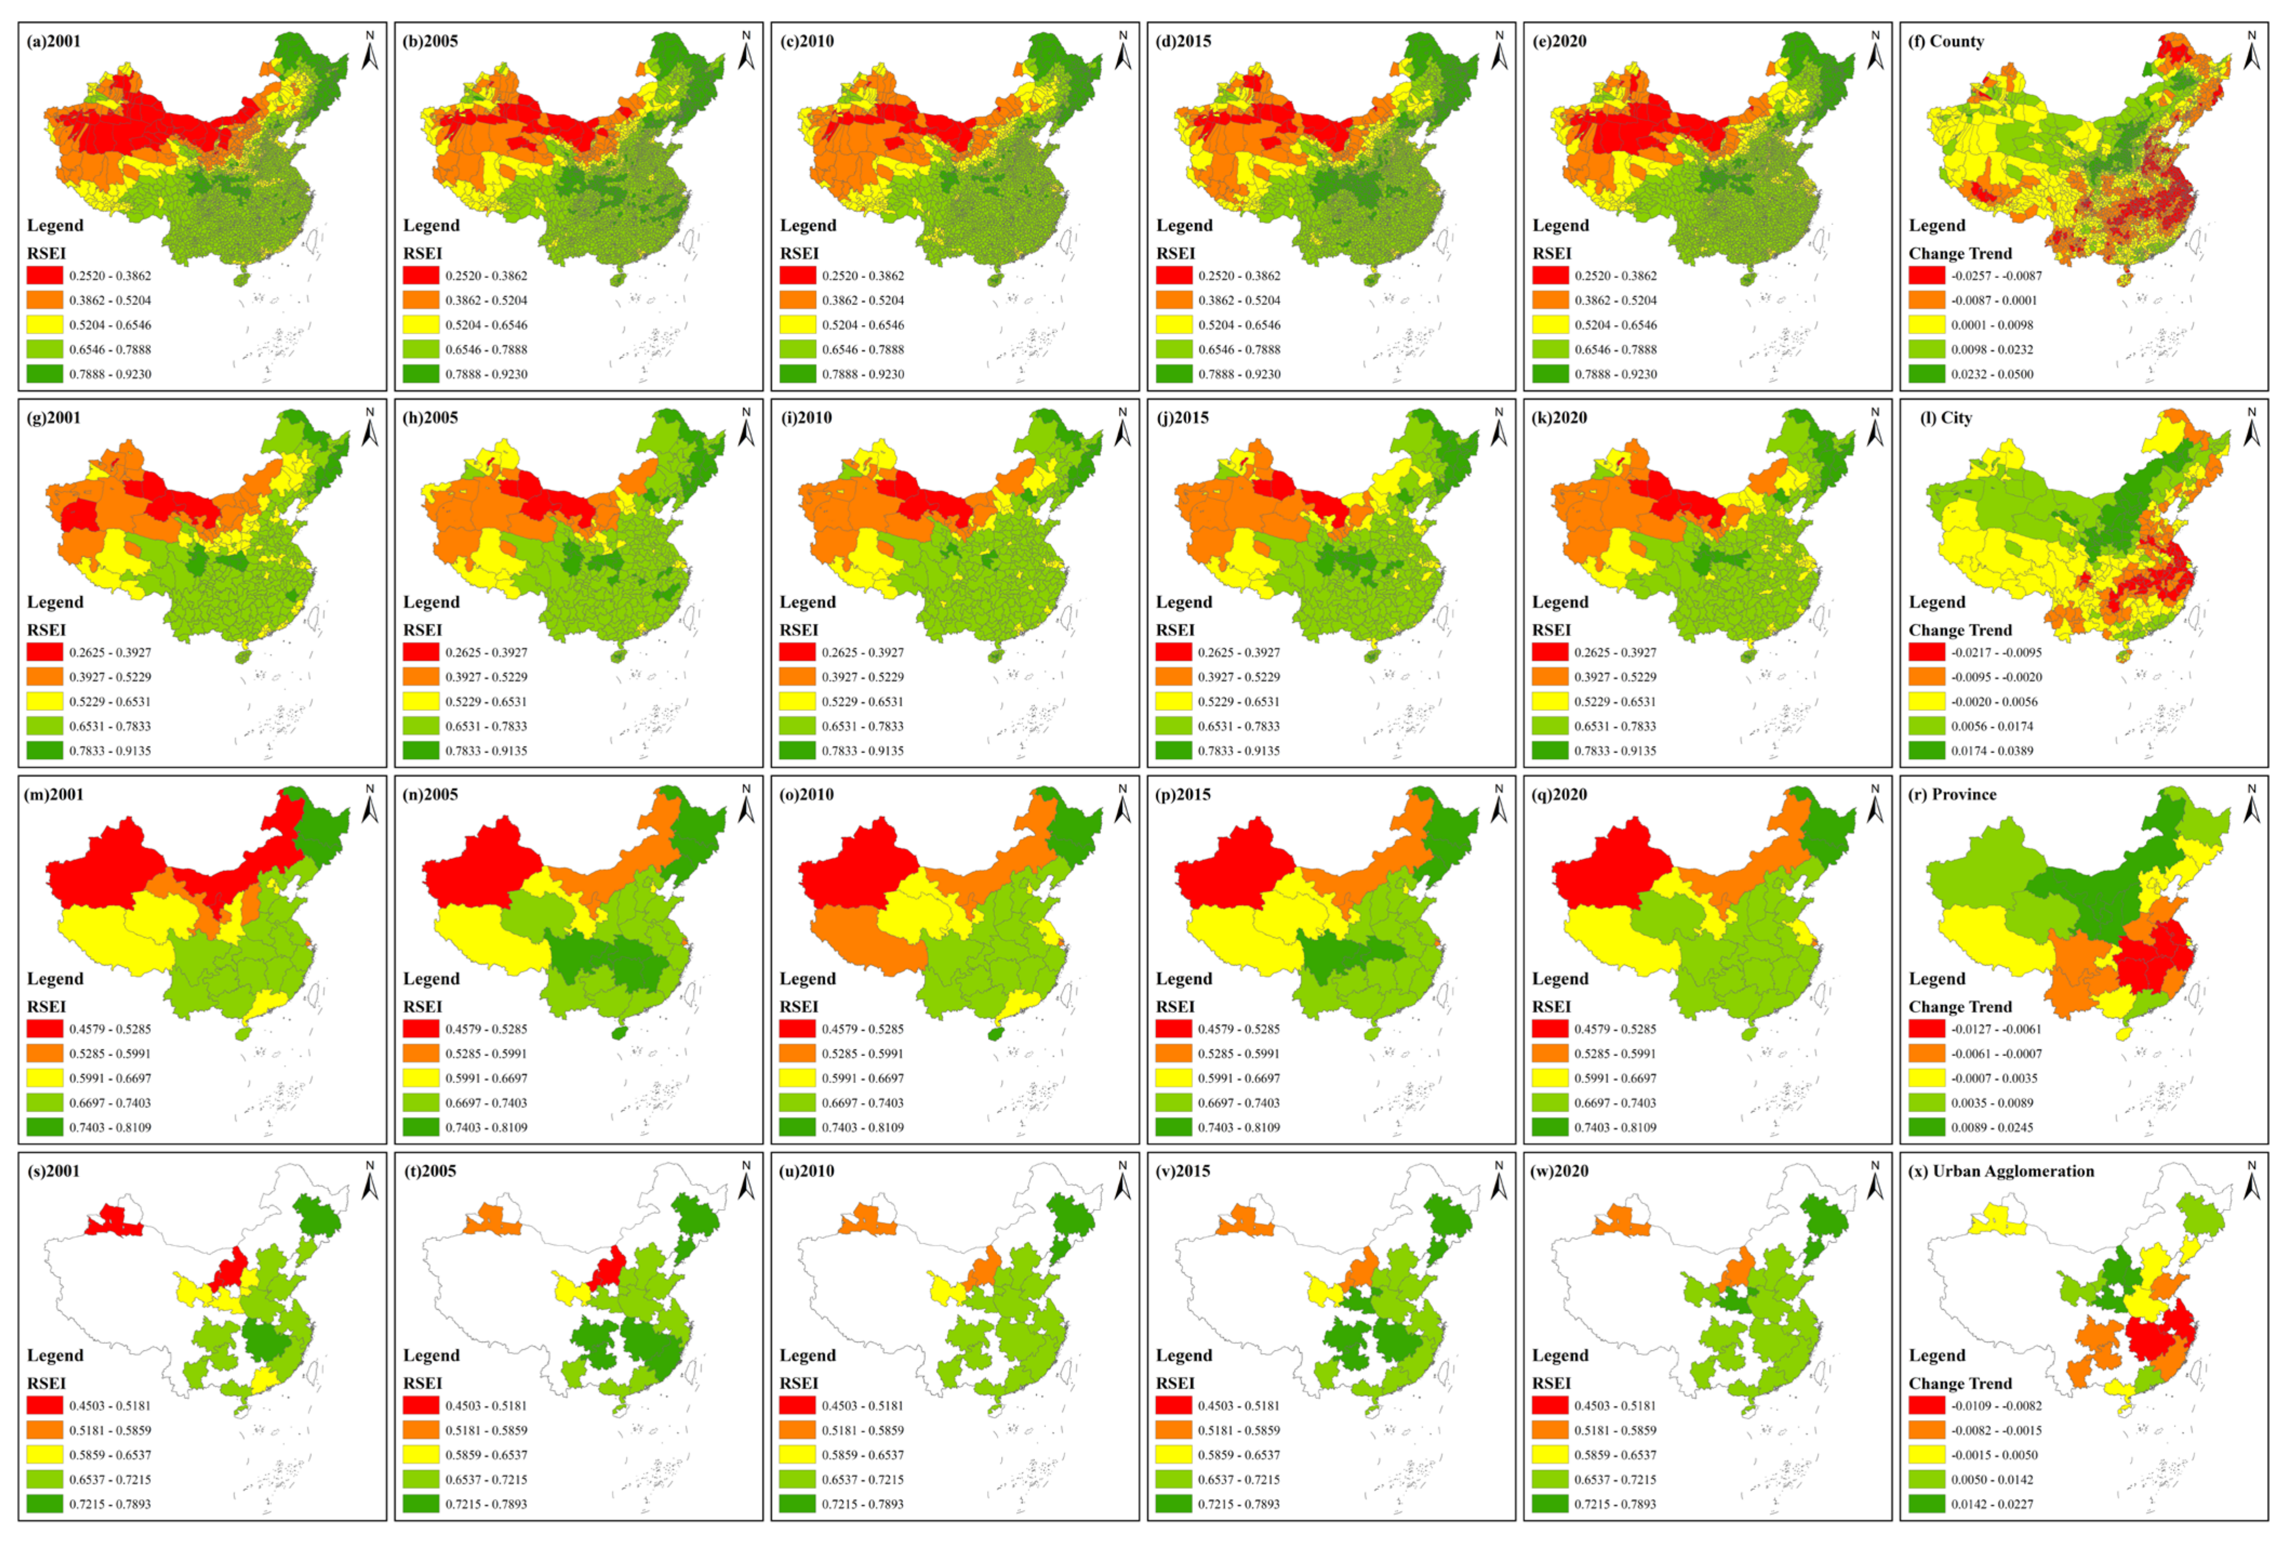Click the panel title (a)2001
tap(54, 41)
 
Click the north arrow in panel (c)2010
tap(1122, 51)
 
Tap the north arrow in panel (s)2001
tap(370, 1181)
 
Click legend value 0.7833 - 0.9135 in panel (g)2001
tap(110, 751)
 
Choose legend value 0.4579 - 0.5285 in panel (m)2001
tap(110, 1030)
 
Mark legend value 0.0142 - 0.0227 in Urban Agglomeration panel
tap(1992, 1504)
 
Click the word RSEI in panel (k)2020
tap(1552, 630)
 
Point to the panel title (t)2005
tap(431, 1171)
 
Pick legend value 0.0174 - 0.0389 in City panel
tap(1992, 751)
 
